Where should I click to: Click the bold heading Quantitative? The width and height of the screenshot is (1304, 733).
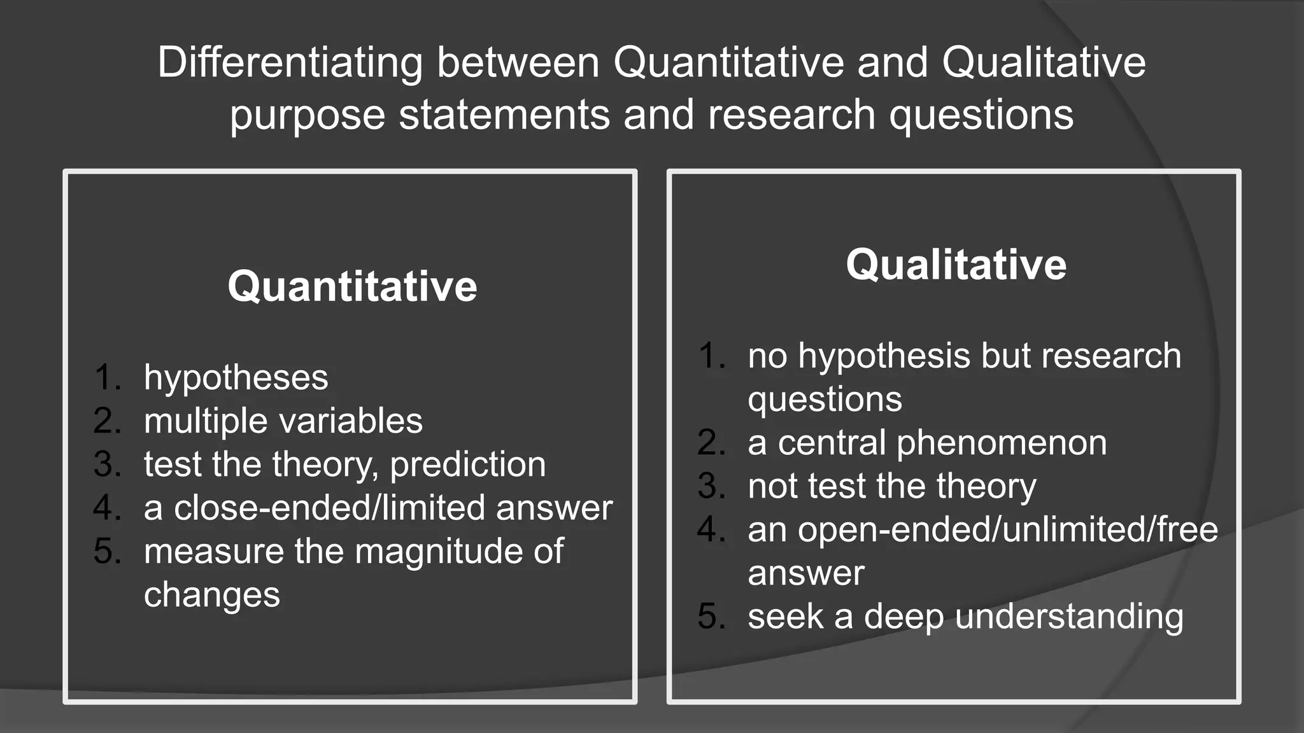tap(352, 286)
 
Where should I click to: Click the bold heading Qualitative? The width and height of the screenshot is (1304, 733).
tap(956, 265)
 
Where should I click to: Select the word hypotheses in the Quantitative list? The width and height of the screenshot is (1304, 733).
tap(236, 378)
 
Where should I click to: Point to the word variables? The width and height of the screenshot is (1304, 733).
tap(351, 421)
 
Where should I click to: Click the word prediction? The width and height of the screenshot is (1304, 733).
tap(468, 465)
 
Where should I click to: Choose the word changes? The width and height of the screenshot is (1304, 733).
tap(212, 596)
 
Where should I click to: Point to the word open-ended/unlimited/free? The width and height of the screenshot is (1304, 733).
tap(982, 529)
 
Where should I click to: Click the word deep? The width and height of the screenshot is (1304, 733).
tap(904, 617)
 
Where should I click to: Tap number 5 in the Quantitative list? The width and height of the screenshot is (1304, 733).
tap(106, 551)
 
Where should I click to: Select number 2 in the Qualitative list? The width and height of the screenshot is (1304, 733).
tap(711, 443)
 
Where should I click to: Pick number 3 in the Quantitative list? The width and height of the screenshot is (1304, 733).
tap(106, 464)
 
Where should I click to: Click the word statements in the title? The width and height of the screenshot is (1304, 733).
tap(504, 115)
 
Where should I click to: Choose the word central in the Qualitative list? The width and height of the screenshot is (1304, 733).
tap(832, 443)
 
